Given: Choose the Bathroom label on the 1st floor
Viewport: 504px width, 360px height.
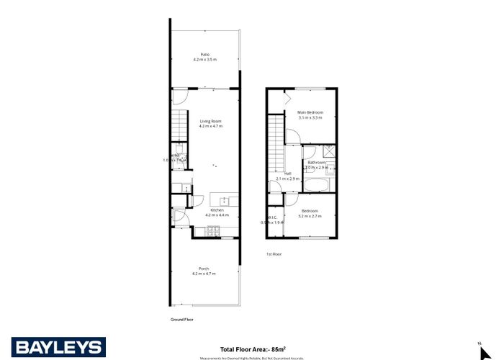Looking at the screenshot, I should tap(318, 163).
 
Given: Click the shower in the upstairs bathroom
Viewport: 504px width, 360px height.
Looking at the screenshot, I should tap(328, 151).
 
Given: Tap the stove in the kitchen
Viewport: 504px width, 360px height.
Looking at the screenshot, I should tap(214, 231).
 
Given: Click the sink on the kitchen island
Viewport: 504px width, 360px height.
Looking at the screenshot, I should tap(225, 199).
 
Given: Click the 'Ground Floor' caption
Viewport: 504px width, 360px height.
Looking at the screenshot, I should tap(182, 319).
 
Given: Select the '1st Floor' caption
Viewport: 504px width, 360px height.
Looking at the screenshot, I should tap(274, 254).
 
